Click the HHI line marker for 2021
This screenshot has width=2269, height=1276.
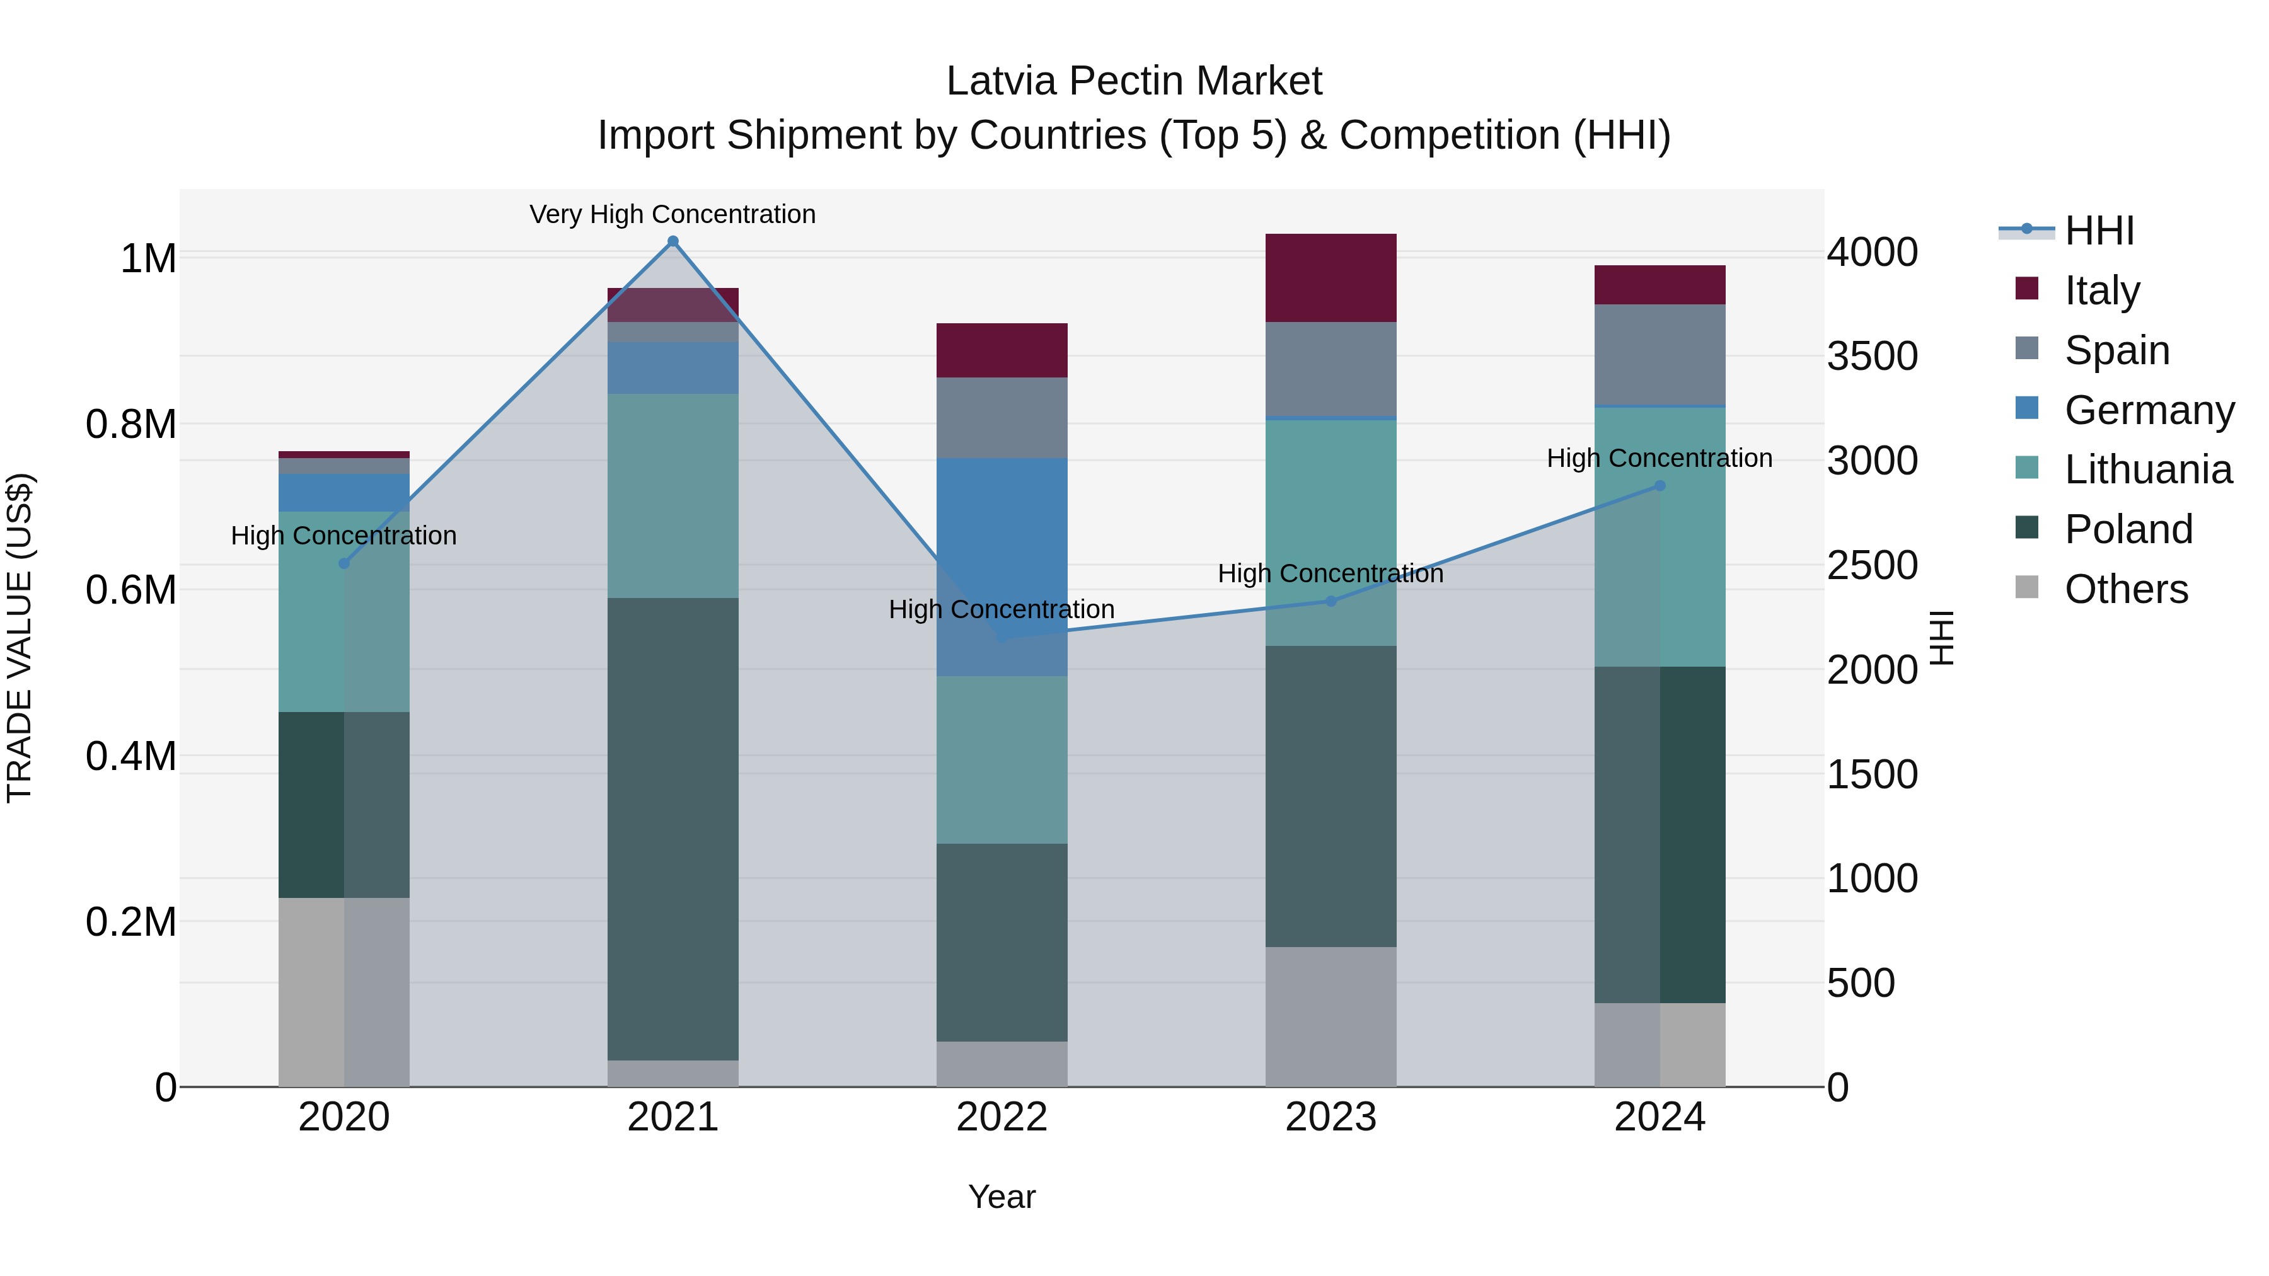[673, 241]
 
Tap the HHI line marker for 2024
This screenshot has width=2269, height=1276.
[1660, 485]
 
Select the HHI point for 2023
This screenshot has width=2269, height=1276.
[1331, 602]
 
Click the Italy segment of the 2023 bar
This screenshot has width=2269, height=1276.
[1331, 277]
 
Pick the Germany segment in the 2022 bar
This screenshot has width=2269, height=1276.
[1002, 529]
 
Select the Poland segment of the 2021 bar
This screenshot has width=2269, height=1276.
[673, 828]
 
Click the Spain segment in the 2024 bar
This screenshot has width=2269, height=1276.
[1660, 354]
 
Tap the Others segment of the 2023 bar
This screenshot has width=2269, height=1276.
[1331, 1016]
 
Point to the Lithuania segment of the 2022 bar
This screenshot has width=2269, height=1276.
[1002, 759]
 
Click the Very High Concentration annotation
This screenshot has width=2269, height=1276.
[673, 214]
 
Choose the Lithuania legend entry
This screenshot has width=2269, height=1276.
[2147, 469]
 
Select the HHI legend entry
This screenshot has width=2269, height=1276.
[2099, 231]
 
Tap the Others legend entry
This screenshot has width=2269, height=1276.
[2125, 589]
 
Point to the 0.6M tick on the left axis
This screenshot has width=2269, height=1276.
[131, 590]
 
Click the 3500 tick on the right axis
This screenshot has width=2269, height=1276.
[1872, 357]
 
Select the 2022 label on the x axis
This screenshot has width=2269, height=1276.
[1002, 1117]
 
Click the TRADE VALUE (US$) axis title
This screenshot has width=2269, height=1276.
[20, 638]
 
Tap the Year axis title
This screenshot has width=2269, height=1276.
[1002, 1197]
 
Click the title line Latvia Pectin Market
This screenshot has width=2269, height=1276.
[1134, 81]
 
